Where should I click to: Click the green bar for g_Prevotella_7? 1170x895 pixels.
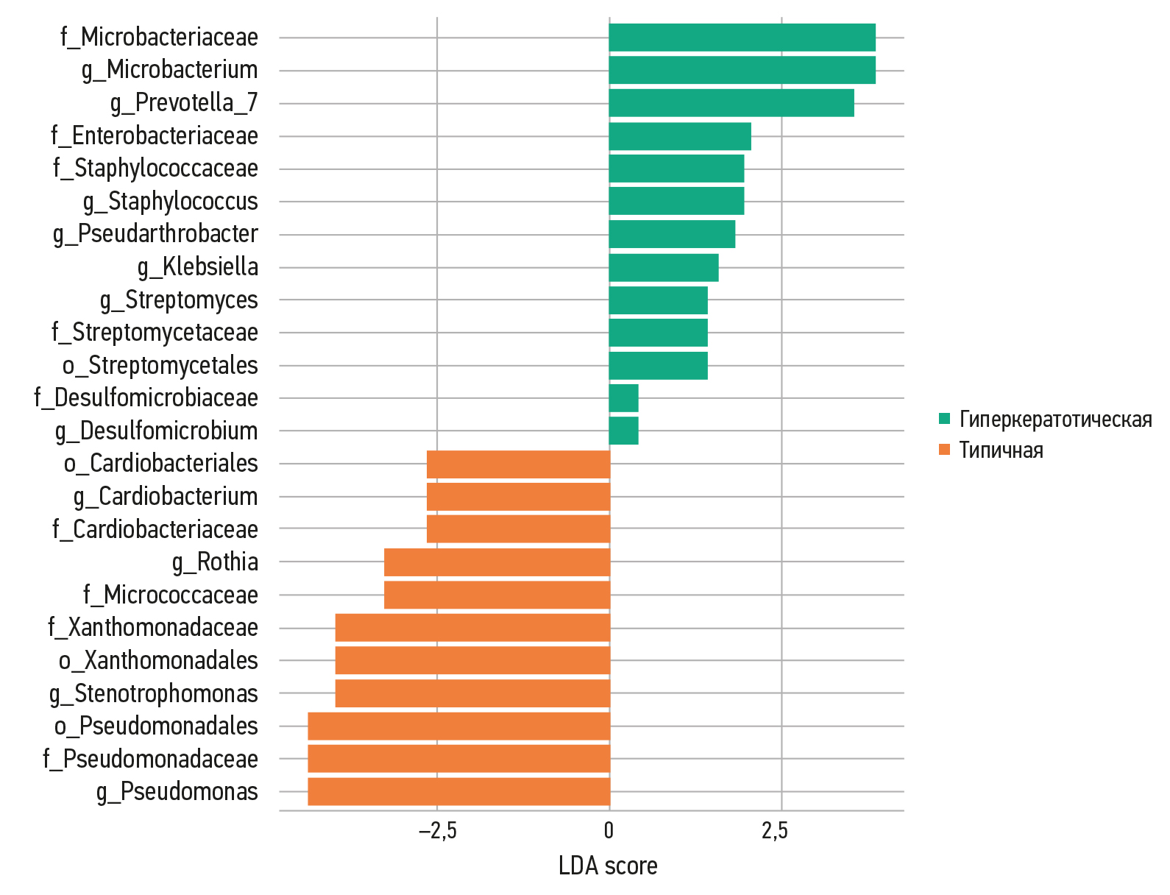(x=731, y=103)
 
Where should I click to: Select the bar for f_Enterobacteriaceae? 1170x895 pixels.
(x=680, y=136)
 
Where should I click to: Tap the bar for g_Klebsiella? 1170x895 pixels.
(x=664, y=267)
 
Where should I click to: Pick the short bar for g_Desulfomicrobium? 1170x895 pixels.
(x=624, y=431)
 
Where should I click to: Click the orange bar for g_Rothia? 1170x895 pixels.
(x=497, y=562)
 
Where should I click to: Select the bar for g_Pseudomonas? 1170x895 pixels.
(x=459, y=792)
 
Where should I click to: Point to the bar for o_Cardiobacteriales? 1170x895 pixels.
(x=519, y=464)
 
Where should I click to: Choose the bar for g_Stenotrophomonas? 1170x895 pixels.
(x=473, y=693)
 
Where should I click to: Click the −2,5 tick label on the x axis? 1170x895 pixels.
(x=437, y=831)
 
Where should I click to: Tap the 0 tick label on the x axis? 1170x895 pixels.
(x=609, y=831)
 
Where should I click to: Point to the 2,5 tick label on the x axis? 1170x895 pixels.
(x=774, y=831)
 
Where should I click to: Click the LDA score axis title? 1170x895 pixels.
(x=608, y=866)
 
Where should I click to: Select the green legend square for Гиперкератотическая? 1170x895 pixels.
(x=945, y=420)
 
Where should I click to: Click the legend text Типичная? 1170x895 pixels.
(x=1001, y=450)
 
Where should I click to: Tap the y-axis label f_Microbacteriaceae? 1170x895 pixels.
(x=159, y=37)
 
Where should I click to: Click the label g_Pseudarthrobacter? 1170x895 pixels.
(x=155, y=234)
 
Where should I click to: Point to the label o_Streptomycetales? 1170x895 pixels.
(x=160, y=366)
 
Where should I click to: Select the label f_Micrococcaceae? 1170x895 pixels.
(x=171, y=595)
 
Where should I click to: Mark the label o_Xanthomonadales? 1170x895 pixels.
(x=158, y=661)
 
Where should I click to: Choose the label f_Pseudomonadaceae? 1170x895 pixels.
(x=150, y=759)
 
